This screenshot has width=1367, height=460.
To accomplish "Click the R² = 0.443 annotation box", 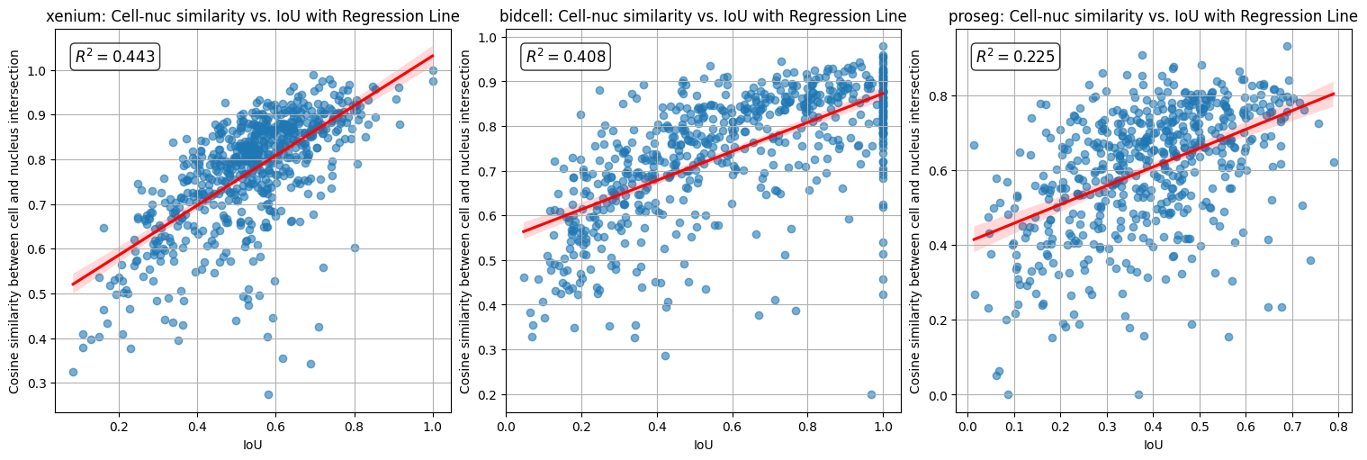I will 114,57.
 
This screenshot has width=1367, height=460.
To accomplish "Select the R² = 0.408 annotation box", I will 565,57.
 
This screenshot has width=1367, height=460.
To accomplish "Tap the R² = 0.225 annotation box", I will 1015,57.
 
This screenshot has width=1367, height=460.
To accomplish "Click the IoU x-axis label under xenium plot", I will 253,445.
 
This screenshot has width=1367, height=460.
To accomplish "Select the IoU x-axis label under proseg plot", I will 1154,445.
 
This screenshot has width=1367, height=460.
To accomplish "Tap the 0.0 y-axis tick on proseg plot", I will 940,395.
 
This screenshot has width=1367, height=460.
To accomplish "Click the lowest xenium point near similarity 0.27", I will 268,394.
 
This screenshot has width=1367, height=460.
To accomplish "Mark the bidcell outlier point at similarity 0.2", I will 871,394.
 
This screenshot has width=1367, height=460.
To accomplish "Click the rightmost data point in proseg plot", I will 1334,163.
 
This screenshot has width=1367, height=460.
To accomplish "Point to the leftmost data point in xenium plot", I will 73,372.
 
